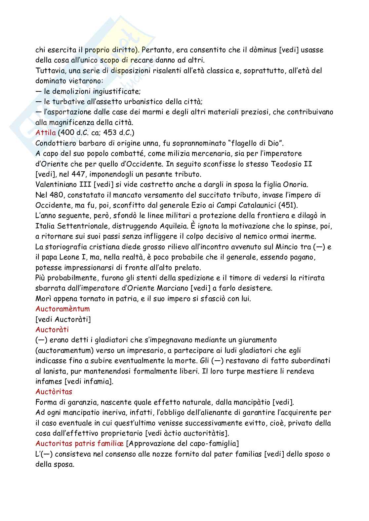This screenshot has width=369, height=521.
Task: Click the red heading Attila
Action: pyautogui.click(x=45, y=133)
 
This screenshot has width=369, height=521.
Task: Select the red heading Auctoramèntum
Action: pyautogui.click(x=62, y=309)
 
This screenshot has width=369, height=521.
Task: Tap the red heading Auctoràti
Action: pyautogui.click(x=52, y=329)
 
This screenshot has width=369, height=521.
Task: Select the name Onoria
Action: pyautogui.click(x=284, y=184)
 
